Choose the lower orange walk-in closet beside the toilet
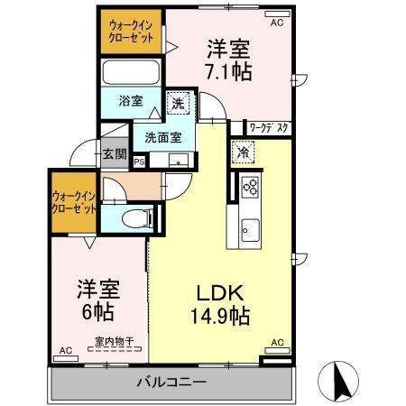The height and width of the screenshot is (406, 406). click(x=74, y=200)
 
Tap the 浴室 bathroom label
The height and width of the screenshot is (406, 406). click(x=131, y=101)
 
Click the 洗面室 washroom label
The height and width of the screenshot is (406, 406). click(x=163, y=138)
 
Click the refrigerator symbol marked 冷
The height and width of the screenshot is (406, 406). click(x=243, y=152)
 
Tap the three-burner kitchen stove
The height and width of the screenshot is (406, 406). click(x=249, y=189)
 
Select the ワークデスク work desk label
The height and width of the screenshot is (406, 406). click(x=268, y=127)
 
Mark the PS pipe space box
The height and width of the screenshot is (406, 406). click(x=139, y=161)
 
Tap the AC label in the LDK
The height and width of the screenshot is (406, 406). click(x=277, y=343)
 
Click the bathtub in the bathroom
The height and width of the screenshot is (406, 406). click(x=131, y=72)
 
